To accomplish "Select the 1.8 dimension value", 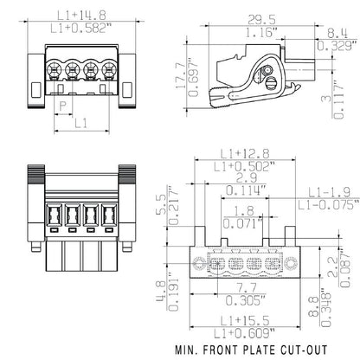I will [245, 210].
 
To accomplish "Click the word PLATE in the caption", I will [252, 351].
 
